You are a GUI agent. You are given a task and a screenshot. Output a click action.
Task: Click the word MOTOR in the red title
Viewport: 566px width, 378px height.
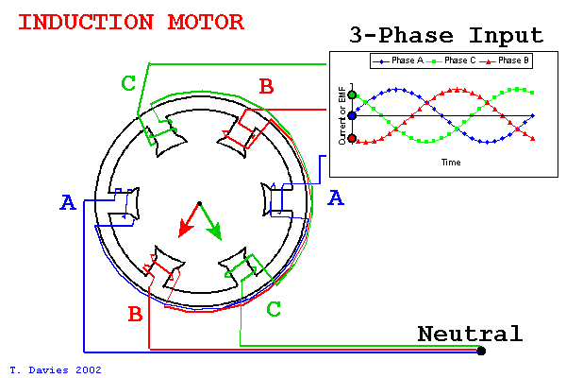point(209,22)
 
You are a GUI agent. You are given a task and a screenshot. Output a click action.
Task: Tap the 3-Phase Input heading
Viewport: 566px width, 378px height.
point(446,36)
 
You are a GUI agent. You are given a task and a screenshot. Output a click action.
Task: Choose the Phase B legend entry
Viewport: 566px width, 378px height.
point(507,60)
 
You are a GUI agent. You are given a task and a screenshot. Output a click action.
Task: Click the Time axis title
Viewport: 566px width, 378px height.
point(451,163)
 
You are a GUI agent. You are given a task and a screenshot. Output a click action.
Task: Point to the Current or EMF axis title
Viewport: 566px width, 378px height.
point(342,116)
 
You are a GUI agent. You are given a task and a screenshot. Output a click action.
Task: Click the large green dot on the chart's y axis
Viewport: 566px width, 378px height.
point(353,94)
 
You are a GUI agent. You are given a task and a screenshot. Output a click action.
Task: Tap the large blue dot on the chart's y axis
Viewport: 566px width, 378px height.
point(353,115)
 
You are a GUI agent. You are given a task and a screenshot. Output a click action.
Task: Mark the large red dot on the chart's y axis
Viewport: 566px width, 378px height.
point(353,138)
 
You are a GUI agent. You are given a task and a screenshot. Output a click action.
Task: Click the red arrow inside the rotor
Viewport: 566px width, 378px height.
point(187,223)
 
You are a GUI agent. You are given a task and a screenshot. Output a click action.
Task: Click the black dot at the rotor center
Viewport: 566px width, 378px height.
point(198,203)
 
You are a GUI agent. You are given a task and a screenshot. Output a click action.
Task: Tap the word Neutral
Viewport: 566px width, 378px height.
point(469,334)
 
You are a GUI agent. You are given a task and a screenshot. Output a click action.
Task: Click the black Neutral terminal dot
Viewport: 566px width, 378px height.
point(481,352)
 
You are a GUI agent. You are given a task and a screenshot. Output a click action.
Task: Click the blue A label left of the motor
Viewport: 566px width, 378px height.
point(67,202)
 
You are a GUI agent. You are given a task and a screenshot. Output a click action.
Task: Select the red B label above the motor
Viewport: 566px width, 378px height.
point(266,88)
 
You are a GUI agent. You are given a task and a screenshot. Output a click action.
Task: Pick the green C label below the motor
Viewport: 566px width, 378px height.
point(274,309)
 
